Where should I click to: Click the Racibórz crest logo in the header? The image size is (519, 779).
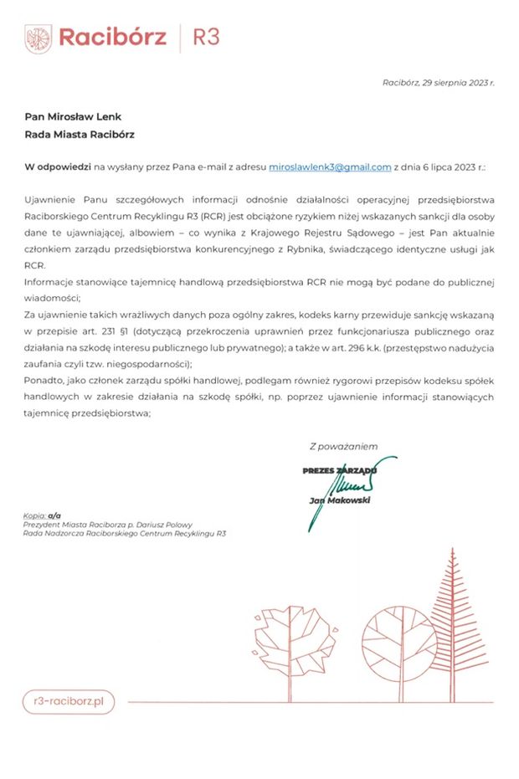click(x=39, y=38)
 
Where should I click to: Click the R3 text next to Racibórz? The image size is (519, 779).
click(x=206, y=38)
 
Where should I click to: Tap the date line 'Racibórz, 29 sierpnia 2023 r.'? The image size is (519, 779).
click(x=438, y=83)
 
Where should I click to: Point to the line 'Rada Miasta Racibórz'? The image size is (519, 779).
click(x=80, y=134)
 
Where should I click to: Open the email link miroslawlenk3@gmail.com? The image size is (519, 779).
click(x=330, y=167)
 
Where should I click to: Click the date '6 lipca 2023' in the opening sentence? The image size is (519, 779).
click(x=447, y=167)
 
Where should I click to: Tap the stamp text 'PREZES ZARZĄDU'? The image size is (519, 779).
click(x=339, y=471)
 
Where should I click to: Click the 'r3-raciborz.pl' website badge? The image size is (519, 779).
click(x=69, y=701)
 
